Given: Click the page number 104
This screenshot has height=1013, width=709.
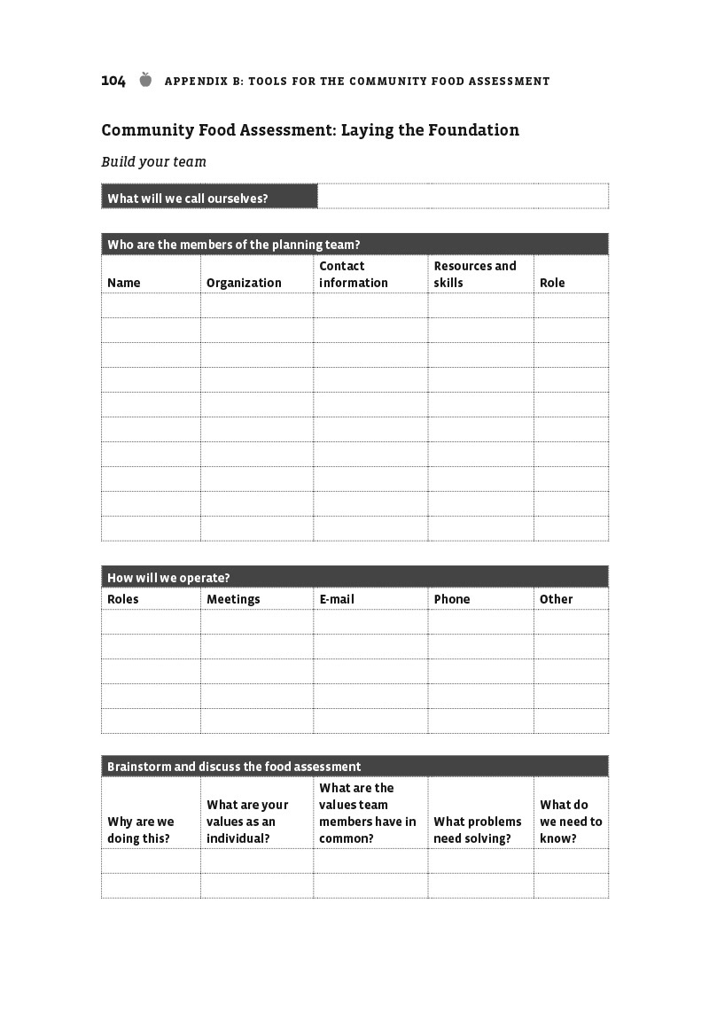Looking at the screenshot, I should [x=113, y=82].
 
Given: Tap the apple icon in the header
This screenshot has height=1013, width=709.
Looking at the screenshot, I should [x=145, y=81].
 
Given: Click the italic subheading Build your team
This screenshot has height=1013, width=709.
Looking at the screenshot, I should [x=153, y=162].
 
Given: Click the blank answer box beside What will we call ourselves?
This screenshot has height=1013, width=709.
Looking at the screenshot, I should [x=463, y=196].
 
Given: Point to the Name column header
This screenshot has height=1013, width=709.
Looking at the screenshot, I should [x=124, y=283].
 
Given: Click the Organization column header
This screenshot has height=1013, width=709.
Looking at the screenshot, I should [x=244, y=283].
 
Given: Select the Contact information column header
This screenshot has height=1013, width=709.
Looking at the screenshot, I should [x=354, y=275].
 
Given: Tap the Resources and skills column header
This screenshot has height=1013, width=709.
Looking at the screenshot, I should [x=475, y=275].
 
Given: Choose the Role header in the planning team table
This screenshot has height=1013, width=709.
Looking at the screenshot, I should [x=552, y=283].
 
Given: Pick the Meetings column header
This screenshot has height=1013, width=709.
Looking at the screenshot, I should [x=233, y=599].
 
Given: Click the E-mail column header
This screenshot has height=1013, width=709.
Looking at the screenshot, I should [x=337, y=599].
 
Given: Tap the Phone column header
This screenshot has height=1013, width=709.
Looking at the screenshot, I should [x=452, y=599].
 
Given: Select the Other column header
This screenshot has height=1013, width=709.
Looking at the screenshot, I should [x=557, y=599].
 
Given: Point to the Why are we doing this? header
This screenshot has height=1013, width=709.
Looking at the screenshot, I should [x=141, y=830].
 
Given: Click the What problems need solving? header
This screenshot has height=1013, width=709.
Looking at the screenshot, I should [x=478, y=830].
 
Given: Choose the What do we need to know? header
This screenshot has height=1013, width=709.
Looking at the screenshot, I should [x=571, y=822].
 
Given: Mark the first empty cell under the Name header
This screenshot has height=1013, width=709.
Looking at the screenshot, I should [x=151, y=306].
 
